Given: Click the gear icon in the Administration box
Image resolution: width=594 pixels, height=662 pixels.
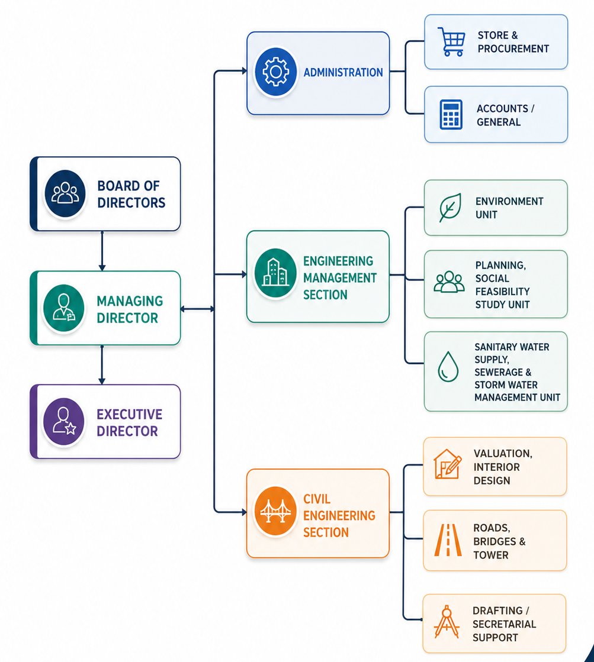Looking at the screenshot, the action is point(275,72).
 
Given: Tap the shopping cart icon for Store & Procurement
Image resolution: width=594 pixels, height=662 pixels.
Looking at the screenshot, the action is point(451,41).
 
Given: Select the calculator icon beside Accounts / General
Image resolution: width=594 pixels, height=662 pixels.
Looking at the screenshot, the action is point(451,114).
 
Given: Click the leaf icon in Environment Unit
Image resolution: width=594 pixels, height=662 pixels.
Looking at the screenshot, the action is point(450,207).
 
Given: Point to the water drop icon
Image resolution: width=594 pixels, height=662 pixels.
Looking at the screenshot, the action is point(448,366).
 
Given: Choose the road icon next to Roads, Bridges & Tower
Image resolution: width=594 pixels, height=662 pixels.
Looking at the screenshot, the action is point(448,540).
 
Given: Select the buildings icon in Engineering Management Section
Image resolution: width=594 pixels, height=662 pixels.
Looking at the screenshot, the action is point(275,273).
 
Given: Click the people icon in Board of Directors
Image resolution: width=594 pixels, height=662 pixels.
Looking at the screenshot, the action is point(65,193).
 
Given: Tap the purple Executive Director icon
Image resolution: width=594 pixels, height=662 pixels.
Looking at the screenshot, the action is point(64,421).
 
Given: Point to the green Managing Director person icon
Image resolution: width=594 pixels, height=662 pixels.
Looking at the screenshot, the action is point(64,308).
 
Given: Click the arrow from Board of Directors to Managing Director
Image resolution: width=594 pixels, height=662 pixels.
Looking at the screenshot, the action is point(102,251).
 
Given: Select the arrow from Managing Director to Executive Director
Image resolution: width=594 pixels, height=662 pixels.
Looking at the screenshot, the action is point(102,365).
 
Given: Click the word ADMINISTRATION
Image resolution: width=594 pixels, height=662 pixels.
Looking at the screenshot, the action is point(343,73).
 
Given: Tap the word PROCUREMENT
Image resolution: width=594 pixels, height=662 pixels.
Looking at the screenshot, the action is point(513,49).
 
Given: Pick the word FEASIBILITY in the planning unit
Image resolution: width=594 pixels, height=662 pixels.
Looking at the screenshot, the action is point(502,291).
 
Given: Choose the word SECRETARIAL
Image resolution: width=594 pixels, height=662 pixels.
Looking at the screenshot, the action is point(505,624).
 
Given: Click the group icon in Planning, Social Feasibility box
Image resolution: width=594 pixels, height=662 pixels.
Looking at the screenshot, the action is point(449,282).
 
